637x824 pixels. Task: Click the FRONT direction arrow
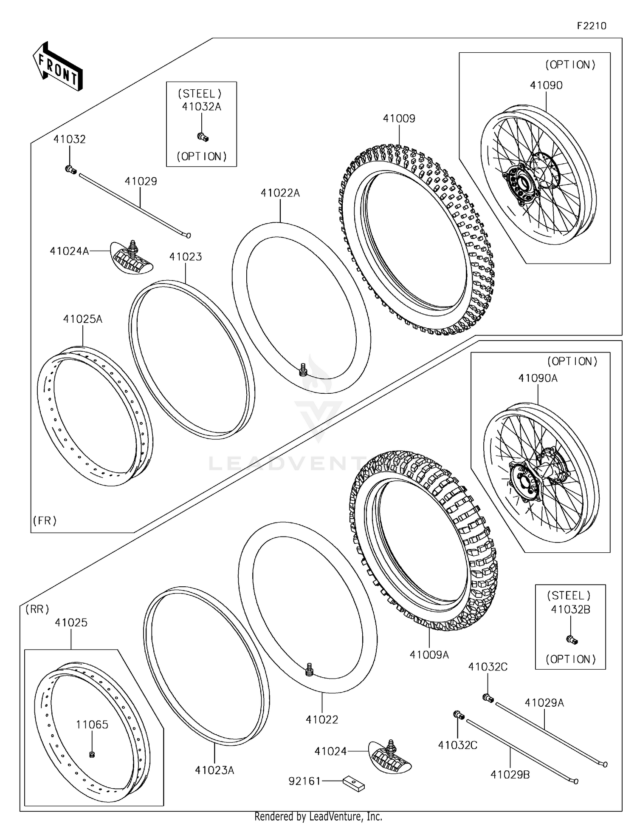coord(58,67)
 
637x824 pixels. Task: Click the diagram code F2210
coord(591,26)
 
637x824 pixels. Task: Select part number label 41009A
coord(429,655)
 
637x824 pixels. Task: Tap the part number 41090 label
coord(546,85)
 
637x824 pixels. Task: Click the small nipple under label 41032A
coord(203,137)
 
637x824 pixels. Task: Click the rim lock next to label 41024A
coord(132,258)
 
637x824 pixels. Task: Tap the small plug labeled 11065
coord(92,755)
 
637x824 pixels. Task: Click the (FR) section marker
coord(45,521)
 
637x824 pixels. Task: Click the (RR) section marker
coord(37,609)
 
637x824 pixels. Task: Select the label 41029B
coord(510,775)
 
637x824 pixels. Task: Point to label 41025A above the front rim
coord(83,319)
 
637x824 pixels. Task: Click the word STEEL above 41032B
coord(569,595)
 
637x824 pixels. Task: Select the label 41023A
coord(214,770)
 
